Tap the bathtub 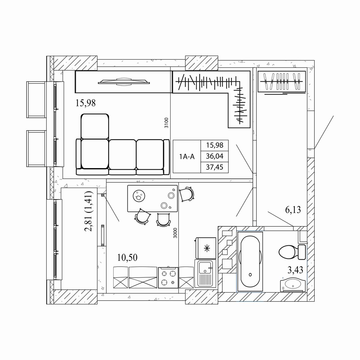[x=250, y=262]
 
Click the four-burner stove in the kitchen [x=168, y=278]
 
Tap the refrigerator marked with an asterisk [x=206, y=248]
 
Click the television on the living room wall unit [x=124, y=82]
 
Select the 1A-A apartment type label [x=187, y=157]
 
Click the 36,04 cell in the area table [x=215, y=156]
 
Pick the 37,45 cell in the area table [x=215, y=167]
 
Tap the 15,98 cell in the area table [x=215, y=145]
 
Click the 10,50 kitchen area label [x=127, y=257]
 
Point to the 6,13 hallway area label [x=293, y=210]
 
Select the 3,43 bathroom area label [x=295, y=270]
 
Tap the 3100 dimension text [x=166, y=123]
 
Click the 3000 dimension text [x=175, y=233]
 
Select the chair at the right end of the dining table [x=186, y=194]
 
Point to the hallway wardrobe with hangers [x=282, y=82]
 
